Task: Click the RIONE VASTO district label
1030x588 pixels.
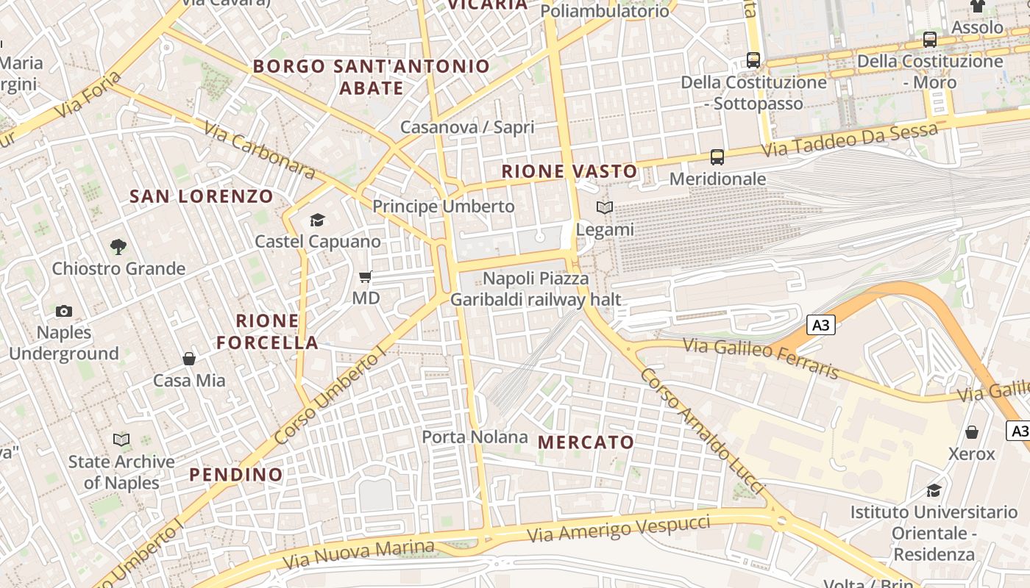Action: pos(569,171)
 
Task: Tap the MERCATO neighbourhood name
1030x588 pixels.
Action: pos(586,442)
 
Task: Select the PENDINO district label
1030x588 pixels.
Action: pos(236,474)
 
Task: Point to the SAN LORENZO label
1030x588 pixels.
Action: pos(202,196)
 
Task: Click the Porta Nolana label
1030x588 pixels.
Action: pos(475,437)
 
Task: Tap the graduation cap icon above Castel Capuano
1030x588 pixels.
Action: pos(317,220)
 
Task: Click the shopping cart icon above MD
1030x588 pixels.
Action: pos(365,277)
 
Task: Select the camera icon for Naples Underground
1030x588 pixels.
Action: pos(64,311)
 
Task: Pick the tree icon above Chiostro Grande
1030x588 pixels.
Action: pos(118,246)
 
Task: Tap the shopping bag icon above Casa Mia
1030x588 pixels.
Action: pos(189,359)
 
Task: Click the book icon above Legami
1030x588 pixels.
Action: pos(605,208)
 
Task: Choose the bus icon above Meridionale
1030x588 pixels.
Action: pos(717,157)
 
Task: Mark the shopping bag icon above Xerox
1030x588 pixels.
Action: pos(972,432)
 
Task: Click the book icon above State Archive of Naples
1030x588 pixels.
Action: pos(121,440)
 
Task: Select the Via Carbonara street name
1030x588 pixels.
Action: pos(259,151)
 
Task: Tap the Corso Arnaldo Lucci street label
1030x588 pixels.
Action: pos(703,430)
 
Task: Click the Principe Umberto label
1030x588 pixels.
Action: pos(444,207)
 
